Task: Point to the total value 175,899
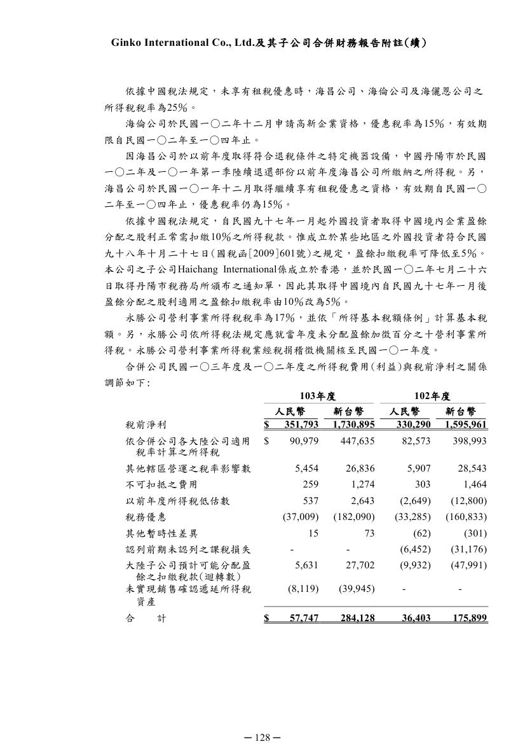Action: [x=467, y=617]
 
